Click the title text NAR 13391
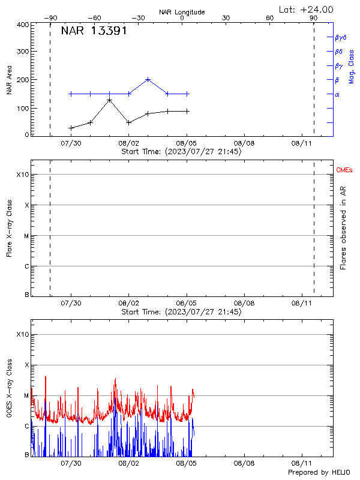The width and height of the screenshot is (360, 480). tap(94, 31)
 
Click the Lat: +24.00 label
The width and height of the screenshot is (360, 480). tap(306, 9)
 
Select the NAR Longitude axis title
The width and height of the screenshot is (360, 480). tap(182, 12)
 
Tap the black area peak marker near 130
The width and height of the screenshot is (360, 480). tap(109, 100)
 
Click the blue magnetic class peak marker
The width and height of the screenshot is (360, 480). tap(148, 79)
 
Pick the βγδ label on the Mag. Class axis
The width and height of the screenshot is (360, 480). tap(341, 37)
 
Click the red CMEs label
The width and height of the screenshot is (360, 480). tap(344, 171)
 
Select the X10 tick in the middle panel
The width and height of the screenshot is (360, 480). tap(22, 175)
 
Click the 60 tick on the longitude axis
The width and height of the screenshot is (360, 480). tap(270, 18)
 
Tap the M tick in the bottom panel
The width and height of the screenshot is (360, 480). tap(26, 395)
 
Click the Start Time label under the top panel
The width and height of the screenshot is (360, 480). tap(182, 152)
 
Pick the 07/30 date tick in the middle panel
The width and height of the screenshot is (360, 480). tap(71, 304)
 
